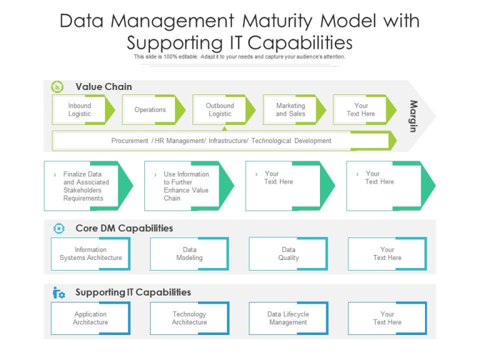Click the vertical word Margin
click(x=413, y=116)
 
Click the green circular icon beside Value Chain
click(x=57, y=87)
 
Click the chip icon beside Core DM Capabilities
click(x=59, y=228)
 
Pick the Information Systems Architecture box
click(x=91, y=254)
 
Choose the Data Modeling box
click(x=189, y=254)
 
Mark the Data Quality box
click(x=288, y=254)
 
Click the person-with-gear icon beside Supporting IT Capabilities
click(x=58, y=292)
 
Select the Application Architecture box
click(x=91, y=318)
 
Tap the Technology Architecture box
click(x=189, y=318)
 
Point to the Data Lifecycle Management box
click(x=288, y=318)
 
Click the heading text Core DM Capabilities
click(x=124, y=228)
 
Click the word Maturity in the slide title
click(x=277, y=21)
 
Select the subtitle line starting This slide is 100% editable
click(x=239, y=57)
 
